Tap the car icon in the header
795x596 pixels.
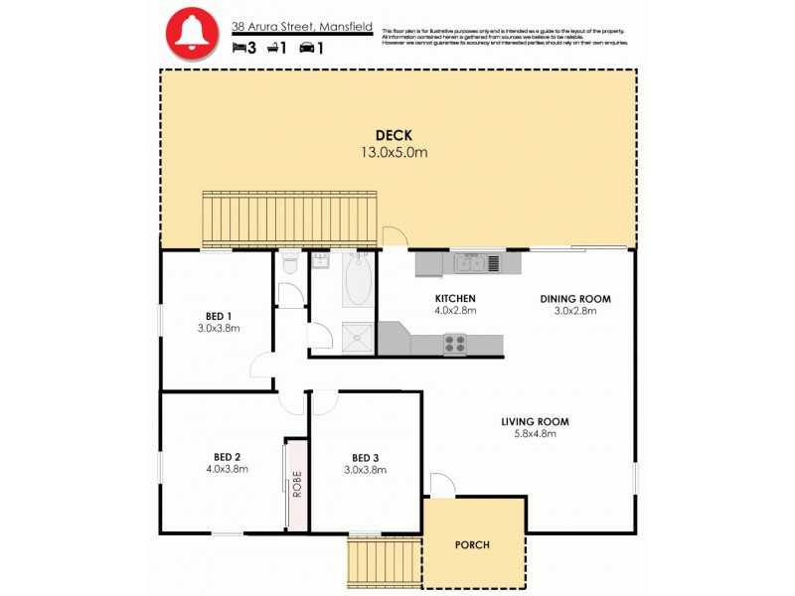307,47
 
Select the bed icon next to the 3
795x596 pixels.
238,47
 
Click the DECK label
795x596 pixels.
394,136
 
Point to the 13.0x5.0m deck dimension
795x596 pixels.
394,153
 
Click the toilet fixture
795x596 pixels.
289,262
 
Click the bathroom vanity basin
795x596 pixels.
321,261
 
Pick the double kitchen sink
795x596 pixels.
470,263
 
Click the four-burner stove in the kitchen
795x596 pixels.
454,344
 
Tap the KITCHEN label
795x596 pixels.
455,298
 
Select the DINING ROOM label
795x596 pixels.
574,298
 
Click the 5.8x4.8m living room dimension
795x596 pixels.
535,434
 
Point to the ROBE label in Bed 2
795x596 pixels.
296,483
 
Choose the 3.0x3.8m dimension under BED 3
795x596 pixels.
365,470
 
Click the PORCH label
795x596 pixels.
473,545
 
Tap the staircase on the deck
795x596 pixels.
289,219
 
